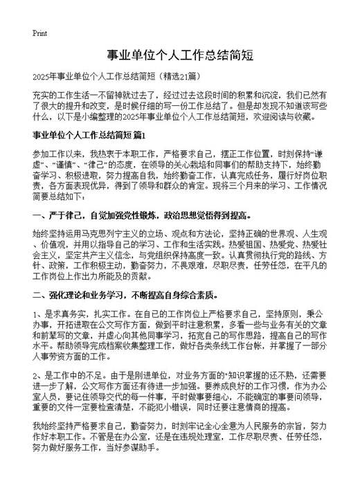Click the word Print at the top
(x=40, y=33)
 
